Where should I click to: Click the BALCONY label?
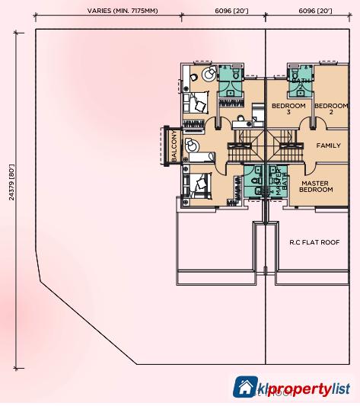[x=174, y=145]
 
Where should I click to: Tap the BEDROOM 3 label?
[x=288, y=109]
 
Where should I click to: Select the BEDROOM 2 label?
[x=331, y=109]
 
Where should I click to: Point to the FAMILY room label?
[x=328, y=145]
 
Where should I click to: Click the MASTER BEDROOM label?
[x=315, y=187]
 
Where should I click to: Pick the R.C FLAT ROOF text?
[x=314, y=242]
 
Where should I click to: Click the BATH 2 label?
[x=301, y=84]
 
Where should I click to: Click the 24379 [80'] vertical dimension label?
[x=12, y=183]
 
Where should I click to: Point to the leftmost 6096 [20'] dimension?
[x=231, y=11]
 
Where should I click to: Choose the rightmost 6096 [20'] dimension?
[x=314, y=11]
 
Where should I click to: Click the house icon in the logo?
[x=245, y=388]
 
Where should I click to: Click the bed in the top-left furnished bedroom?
[x=199, y=101]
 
